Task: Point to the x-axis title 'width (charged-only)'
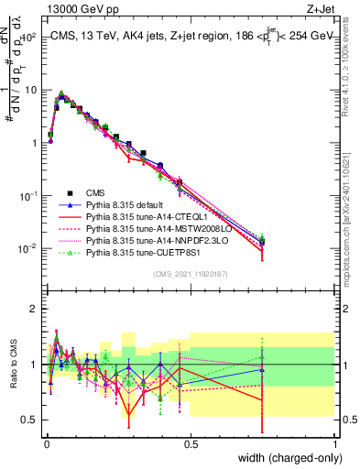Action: (x=287, y=457)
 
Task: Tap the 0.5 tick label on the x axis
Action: (x=191, y=443)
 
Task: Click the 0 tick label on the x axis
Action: (x=47, y=443)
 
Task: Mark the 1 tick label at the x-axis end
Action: (x=334, y=443)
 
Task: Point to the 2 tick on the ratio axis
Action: (x=34, y=309)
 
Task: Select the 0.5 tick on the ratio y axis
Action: (x=29, y=420)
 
